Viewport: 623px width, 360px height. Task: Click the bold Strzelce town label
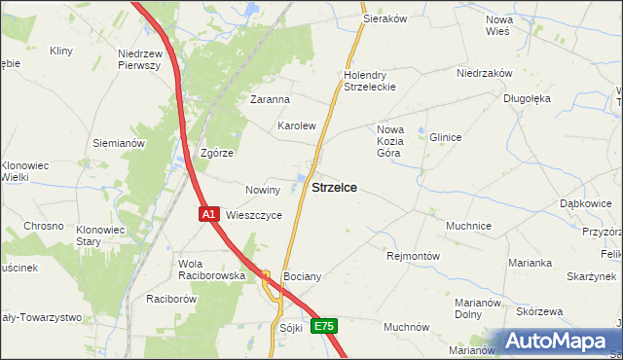coord(333,188)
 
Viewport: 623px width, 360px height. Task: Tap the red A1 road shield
coord(208,213)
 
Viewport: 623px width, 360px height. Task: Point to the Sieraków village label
coord(384,18)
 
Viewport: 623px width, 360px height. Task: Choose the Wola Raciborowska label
coord(211,270)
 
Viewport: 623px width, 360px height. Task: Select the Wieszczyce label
coord(254,215)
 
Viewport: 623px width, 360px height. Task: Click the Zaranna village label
coord(270,99)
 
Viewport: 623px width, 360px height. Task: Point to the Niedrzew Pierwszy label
coord(138,59)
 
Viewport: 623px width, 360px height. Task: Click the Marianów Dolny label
coord(478,308)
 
